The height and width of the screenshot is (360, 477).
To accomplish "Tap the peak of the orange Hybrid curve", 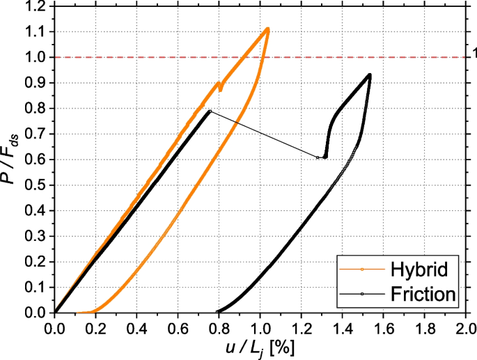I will click(x=267, y=29).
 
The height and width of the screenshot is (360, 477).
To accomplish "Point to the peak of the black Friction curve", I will click(x=369, y=75).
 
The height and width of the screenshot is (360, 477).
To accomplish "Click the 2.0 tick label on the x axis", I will click(x=465, y=326).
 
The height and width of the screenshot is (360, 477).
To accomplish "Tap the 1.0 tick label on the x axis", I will click(x=260, y=326).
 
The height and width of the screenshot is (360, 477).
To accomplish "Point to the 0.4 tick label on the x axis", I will click(x=136, y=326).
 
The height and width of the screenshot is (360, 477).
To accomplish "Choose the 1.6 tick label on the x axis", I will click(x=383, y=326).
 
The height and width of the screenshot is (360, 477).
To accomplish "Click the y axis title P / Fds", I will click(x=12, y=159).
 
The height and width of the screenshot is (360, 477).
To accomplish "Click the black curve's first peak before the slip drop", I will click(x=210, y=111).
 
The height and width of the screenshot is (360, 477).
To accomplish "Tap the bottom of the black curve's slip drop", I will click(x=324, y=158).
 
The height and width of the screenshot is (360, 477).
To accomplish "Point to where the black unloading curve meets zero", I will click(x=218, y=312).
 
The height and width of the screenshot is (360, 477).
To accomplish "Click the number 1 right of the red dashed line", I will click(x=474, y=53).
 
